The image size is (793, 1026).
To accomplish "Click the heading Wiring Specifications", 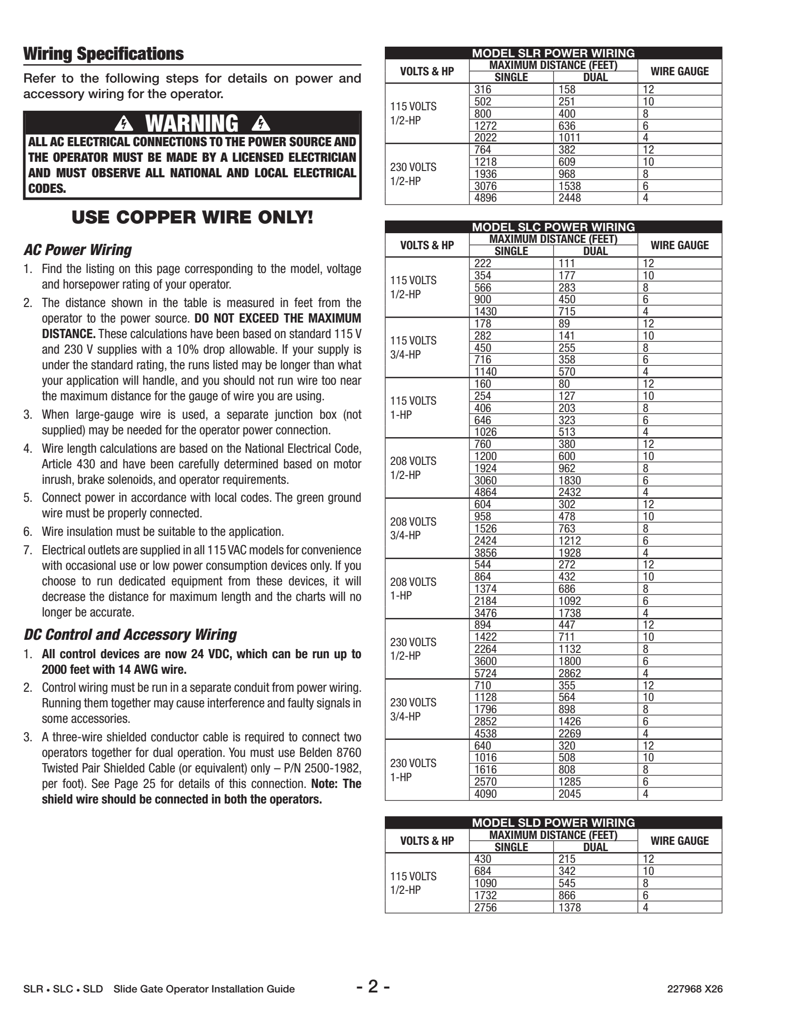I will (x=103, y=54).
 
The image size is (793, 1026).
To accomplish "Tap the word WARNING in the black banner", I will (x=192, y=123).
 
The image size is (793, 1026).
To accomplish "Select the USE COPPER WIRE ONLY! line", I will (x=192, y=217).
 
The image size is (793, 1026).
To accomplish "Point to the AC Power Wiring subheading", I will (x=78, y=250).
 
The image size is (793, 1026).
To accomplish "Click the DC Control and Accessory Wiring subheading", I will (x=130, y=634).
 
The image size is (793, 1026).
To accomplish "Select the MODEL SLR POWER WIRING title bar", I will (x=553, y=53).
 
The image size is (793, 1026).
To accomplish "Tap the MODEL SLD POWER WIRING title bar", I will (x=553, y=822).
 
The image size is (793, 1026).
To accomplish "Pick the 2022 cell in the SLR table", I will (x=485, y=137).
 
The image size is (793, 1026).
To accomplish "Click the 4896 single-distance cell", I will (x=485, y=198).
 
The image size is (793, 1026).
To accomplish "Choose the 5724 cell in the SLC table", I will (x=485, y=673).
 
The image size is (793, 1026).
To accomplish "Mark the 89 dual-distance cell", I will (x=565, y=324).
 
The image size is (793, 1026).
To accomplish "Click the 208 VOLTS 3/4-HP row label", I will (x=414, y=529).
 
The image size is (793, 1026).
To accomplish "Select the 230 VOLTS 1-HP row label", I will (x=414, y=770).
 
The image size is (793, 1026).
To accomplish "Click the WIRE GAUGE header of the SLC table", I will (x=679, y=245).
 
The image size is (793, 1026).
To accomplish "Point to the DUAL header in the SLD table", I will (x=595, y=847).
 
